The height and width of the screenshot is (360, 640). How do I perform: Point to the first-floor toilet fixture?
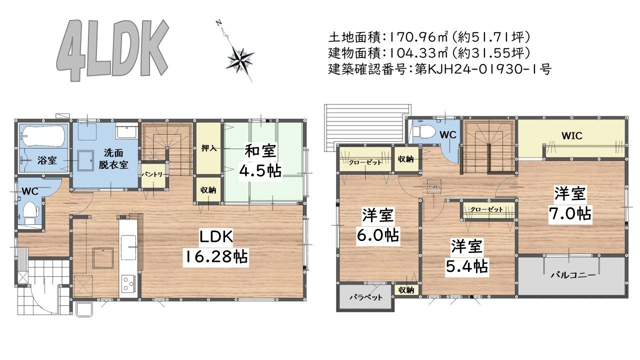[x=29, y=212]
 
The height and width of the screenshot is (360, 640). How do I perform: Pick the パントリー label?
[x=151, y=174]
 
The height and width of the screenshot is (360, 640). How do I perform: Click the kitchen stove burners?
[x=127, y=283]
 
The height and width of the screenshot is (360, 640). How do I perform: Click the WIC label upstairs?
[x=571, y=135]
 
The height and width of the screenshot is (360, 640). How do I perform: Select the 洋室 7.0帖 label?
[x=570, y=203]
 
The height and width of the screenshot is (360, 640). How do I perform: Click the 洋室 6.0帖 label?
[x=378, y=225]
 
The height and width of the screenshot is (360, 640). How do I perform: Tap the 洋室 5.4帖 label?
[x=467, y=256]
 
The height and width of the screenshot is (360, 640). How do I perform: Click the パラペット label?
[x=365, y=297]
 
